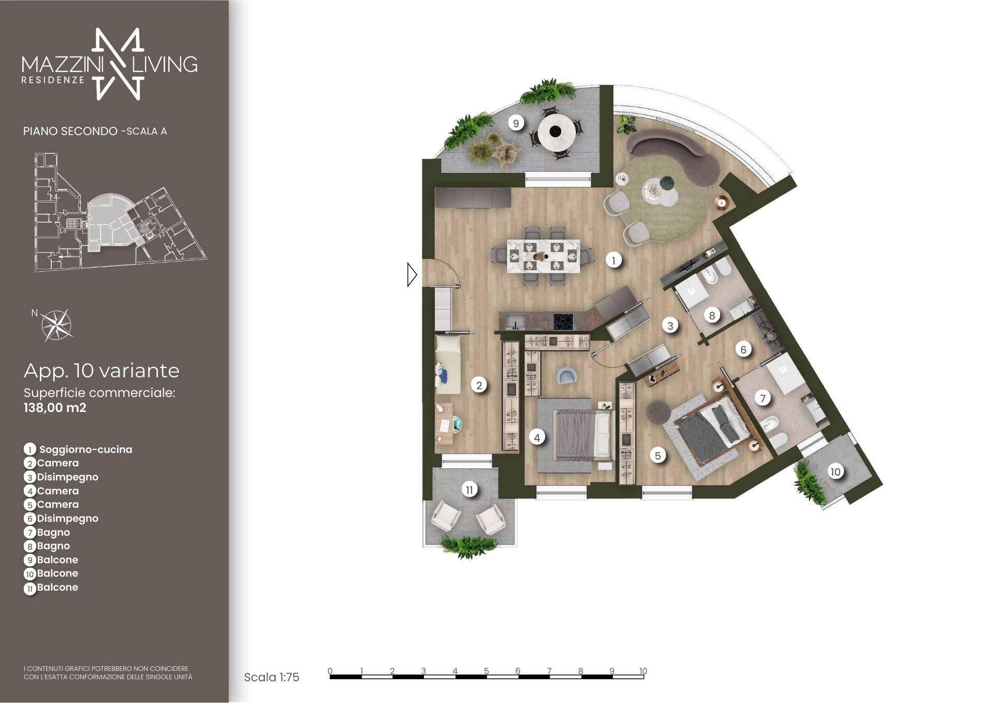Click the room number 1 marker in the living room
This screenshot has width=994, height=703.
pyautogui.click(x=613, y=260)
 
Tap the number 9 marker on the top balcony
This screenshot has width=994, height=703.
pyautogui.click(x=516, y=123)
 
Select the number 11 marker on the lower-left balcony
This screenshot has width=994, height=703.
pyautogui.click(x=470, y=490)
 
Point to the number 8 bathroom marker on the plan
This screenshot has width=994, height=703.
pyautogui.click(x=712, y=315)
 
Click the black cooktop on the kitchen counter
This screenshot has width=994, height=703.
pyautogui.click(x=563, y=322)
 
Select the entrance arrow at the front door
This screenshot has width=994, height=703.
pyautogui.click(x=412, y=274)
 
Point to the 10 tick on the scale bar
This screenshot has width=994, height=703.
pyautogui.click(x=643, y=671)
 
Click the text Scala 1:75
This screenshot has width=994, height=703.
pyautogui.click(x=271, y=677)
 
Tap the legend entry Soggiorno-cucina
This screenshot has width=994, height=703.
pyautogui.click(x=86, y=449)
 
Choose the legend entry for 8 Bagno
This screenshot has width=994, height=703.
pyautogui.click(x=47, y=546)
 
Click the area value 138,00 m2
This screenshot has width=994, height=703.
pyautogui.click(x=55, y=408)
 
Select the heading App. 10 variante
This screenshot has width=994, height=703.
pyautogui.click(x=101, y=371)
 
